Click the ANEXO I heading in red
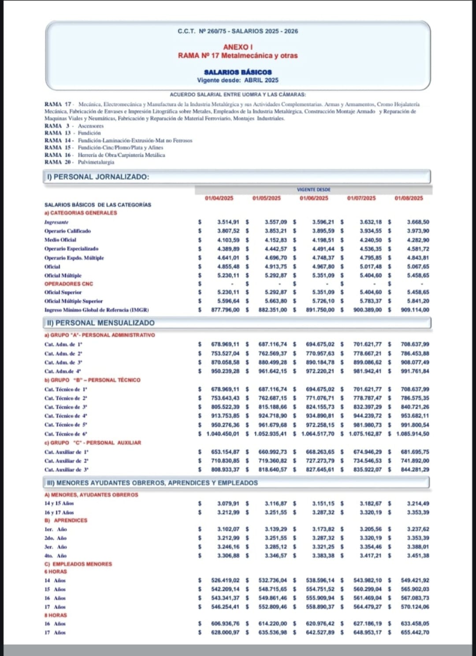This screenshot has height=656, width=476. [238, 47]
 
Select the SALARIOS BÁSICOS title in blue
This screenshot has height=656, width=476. [238, 72]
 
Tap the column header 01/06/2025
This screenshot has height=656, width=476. [314, 198]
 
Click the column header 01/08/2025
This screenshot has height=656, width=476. [409, 198]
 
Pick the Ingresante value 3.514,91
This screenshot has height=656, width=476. [228, 222]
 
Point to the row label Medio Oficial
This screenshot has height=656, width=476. [60, 240]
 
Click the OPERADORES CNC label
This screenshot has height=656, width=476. [68, 284]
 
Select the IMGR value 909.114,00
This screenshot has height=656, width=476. [415, 310]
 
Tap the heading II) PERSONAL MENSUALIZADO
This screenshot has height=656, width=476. [100, 323]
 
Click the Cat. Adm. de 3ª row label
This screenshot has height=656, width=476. [63, 363]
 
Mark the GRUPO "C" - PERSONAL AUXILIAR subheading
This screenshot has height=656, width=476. [93, 443]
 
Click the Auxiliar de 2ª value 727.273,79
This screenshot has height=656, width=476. [320, 461]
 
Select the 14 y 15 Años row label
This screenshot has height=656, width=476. [59, 504]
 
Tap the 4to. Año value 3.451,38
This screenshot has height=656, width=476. [417, 556]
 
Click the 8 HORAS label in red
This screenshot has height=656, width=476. [56, 615]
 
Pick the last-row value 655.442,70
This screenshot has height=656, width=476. [415, 633]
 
